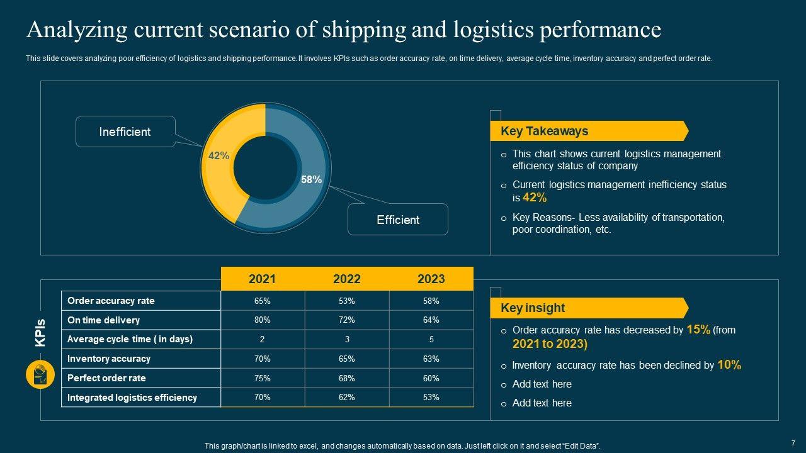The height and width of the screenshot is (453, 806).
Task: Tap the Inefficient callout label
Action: coord(125,131)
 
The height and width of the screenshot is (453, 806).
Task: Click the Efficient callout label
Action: coord(398,220)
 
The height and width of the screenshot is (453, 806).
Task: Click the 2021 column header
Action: coord(262,279)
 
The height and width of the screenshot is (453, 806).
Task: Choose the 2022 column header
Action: coord(346,279)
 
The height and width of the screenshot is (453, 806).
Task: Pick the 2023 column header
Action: coord(431,279)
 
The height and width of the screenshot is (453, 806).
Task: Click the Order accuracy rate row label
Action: coord(111,301)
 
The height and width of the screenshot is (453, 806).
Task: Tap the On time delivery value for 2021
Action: coord(262,320)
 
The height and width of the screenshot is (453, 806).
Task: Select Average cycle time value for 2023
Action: coord(431,339)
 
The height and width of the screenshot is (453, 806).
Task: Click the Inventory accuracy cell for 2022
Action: coord(346,359)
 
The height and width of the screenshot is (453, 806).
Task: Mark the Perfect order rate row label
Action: coord(106,378)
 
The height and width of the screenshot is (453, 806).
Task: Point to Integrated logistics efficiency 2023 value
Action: coord(431,397)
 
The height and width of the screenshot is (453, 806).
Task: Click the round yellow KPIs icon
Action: coord(40,375)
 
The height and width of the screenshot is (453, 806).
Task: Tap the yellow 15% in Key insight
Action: coord(698,329)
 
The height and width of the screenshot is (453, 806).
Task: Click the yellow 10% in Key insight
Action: coord(729,364)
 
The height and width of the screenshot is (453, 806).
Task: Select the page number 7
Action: coord(793,442)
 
